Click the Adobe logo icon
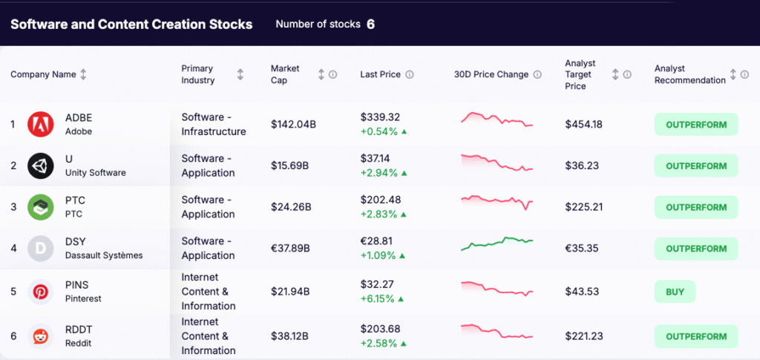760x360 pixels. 41,124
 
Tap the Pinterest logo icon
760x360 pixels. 41,292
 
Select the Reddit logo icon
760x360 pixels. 41,336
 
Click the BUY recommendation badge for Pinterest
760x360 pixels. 675,292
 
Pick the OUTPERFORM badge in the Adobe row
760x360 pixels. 695,124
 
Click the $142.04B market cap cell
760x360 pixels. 293,124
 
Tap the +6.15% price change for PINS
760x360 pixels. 379,298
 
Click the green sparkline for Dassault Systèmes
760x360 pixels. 497,243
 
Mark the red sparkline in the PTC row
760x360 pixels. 497,201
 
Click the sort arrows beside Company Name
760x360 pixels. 83,74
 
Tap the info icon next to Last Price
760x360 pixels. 410,74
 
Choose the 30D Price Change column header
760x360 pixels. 491,74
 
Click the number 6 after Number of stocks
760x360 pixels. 370,24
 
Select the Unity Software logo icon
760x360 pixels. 41,166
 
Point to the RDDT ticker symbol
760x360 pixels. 79,330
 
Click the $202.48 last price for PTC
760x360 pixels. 380,200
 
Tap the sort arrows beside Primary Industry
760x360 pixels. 240,74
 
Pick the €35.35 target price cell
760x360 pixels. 583,248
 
